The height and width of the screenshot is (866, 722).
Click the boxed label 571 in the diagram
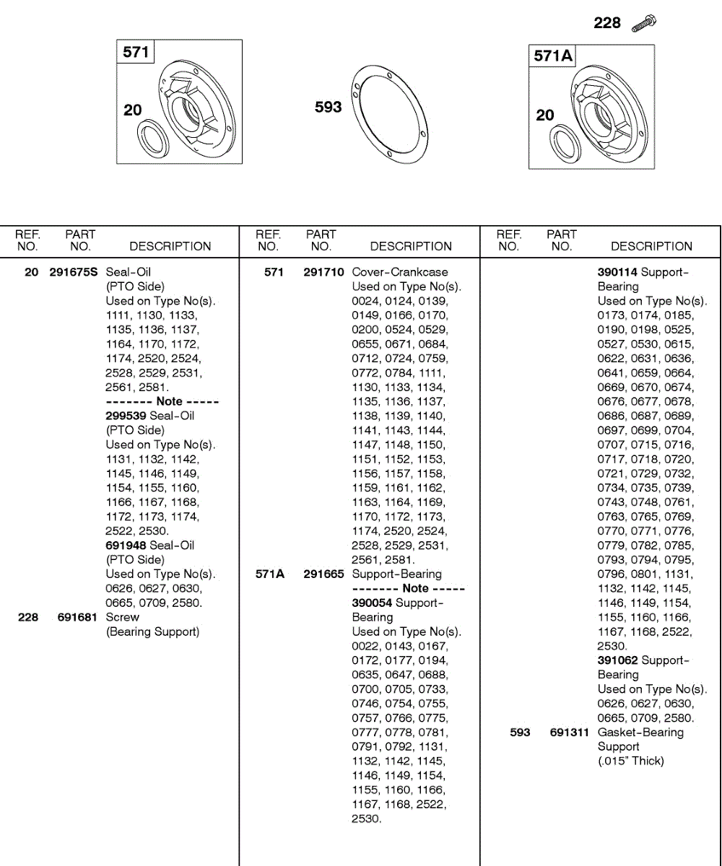click(x=136, y=52)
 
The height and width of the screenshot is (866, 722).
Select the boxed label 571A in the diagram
click(x=552, y=56)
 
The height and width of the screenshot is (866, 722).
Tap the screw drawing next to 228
click(x=643, y=24)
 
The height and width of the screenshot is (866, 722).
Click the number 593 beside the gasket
click(x=328, y=108)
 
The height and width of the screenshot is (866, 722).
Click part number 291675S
click(x=75, y=272)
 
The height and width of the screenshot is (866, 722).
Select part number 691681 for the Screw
click(x=77, y=617)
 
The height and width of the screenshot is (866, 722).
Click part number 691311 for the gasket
click(x=567, y=732)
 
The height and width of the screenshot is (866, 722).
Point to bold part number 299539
click(x=126, y=416)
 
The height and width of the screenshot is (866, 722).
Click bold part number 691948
click(x=126, y=545)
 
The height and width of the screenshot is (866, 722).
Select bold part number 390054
click(x=372, y=603)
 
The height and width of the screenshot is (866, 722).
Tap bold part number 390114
click(x=617, y=272)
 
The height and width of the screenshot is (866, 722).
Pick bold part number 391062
click(x=617, y=660)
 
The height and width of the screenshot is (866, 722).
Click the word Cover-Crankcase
click(x=400, y=272)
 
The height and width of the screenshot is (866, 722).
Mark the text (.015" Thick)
click(x=630, y=761)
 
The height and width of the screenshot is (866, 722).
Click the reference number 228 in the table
click(x=28, y=617)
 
